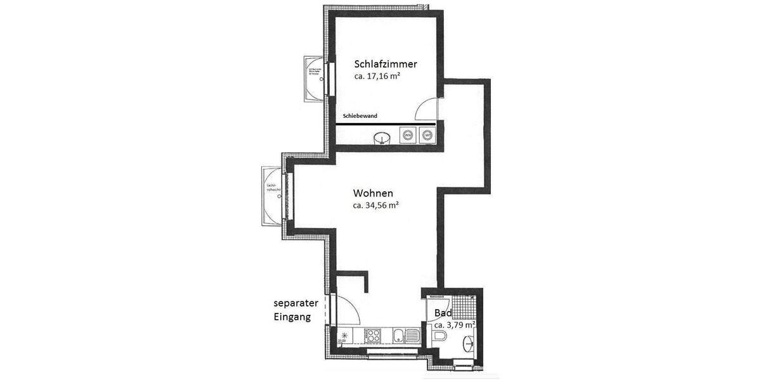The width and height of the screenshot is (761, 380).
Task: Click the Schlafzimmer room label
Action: tap(386, 64)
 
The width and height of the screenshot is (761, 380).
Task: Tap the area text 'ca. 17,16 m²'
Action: tap(377, 76)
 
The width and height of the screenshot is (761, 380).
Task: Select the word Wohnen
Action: tap(374, 193)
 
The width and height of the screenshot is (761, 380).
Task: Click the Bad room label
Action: tap(443, 313)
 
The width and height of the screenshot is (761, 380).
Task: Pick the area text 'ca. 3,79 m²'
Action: tap(455, 325)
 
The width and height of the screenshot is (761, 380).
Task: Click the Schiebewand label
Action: tap(360, 116)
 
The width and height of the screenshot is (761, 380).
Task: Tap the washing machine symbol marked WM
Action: tap(408, 135)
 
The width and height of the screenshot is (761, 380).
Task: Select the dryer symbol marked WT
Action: tap(428, 135)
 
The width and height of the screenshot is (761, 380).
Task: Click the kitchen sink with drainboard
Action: tap(403, 336)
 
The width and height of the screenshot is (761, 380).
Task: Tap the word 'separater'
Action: tap(296, 303)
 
